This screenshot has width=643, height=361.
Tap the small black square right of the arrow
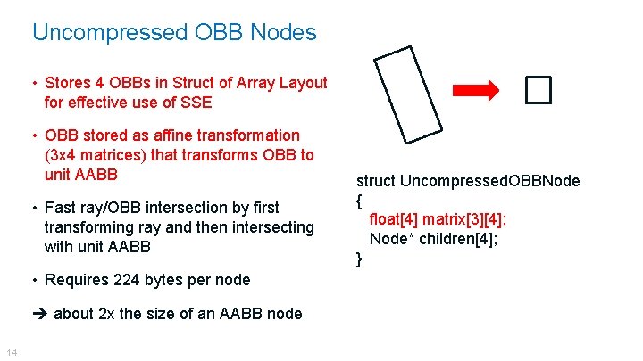click(x=539, y=90)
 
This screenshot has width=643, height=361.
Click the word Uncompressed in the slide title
click(x=108, y=33)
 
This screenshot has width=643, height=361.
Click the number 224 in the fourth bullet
click(x=129, y=280)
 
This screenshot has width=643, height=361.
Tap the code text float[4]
click(x=394, y=219)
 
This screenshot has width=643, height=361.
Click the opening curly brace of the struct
click(x=359, y=201)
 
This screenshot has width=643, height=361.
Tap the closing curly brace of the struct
click(x=359, y=258)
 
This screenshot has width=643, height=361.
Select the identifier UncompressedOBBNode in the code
click(x=490, y=181)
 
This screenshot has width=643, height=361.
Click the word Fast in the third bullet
click(x=61, y=208)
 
